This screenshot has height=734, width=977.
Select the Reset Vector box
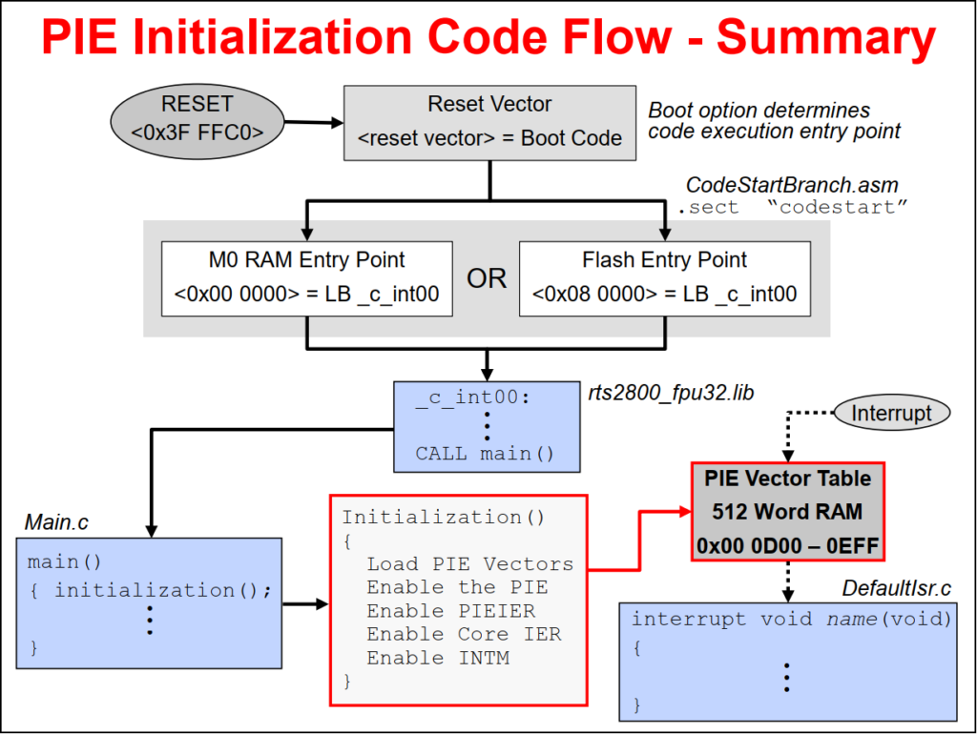(x=489, y=122)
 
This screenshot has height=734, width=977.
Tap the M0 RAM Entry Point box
(x=306, y=277)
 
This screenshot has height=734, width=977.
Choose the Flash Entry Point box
(x=664, y=277)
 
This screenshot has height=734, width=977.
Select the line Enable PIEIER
(x=450, y=611)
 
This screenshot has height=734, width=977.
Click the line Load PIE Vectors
(x=469, y=564)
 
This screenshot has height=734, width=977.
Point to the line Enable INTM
(x=438, y=658)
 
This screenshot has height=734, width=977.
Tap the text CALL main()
(x=485, y=454)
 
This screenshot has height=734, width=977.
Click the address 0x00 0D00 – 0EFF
(x=788, y=546)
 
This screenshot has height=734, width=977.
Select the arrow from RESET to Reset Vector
(x=313, y=122)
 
